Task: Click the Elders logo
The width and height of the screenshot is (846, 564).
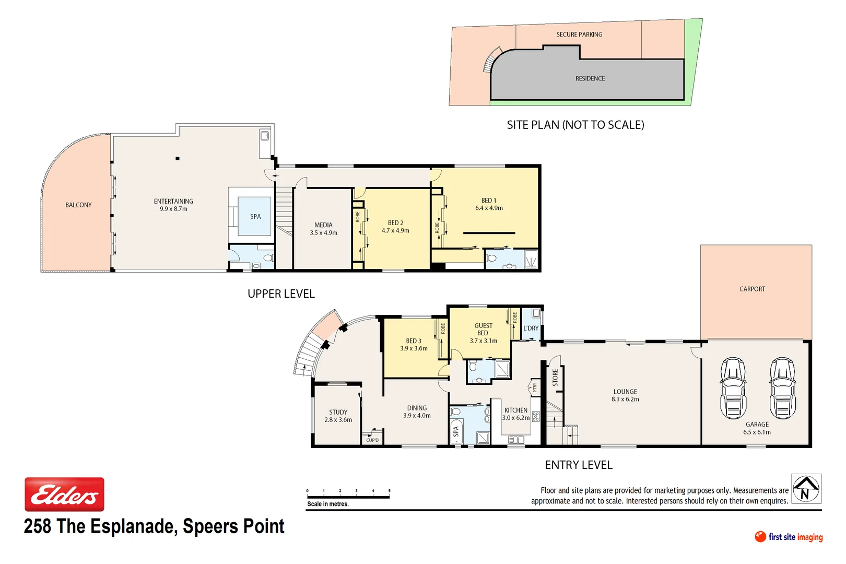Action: tap(64, 494)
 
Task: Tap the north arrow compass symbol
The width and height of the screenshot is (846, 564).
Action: tap(806, 489)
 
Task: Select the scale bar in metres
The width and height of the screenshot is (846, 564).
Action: tap(348, 497)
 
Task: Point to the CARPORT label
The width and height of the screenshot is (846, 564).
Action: tap(752, 289)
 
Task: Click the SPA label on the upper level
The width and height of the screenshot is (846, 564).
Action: tap(255, 216)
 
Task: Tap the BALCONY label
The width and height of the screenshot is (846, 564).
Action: tap(78, 205)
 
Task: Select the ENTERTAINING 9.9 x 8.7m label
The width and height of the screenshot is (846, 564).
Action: tap(173, 205)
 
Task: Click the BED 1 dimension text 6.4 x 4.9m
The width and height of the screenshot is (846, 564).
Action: tap(489, 208)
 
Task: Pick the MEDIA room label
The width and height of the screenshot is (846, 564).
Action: tap(323, 225)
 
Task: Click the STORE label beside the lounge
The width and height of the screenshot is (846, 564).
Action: tap(555, 377)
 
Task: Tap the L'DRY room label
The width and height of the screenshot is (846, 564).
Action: tap(531, 328)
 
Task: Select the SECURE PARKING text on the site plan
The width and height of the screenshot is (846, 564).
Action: tap(579, 34)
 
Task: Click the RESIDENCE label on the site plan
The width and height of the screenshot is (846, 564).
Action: tap(590, 78)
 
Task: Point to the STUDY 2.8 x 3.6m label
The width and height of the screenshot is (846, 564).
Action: tap(338, 416)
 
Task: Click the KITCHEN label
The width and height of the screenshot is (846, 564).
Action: tap(516, 410)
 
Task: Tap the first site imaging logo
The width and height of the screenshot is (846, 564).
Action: tap(789, 537)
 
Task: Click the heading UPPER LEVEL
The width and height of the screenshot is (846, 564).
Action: tap(281, 294)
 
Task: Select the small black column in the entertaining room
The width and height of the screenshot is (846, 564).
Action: tap(178, 158)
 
